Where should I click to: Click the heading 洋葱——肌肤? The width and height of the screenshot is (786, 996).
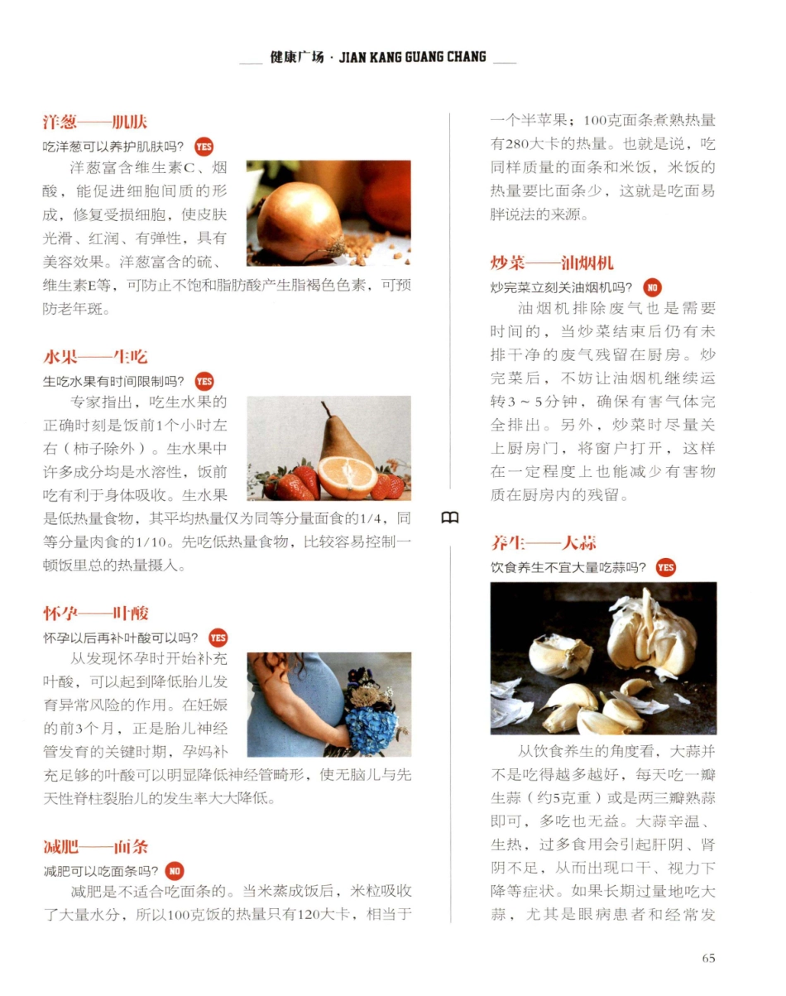95,123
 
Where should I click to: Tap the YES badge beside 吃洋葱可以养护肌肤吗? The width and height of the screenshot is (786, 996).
204,147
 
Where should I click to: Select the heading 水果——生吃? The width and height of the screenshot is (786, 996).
95,357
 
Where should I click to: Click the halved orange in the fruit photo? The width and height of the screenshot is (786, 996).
347,478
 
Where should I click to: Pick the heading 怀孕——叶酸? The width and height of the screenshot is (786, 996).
96,613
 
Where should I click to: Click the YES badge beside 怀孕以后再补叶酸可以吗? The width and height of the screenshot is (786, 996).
218,638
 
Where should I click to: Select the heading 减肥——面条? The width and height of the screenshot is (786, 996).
96,847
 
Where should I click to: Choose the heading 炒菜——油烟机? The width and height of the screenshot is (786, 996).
552,263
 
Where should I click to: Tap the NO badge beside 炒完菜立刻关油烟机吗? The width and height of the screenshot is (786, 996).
652,288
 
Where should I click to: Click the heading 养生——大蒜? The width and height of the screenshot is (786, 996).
544,543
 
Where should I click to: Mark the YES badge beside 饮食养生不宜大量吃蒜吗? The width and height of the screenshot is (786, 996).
665,568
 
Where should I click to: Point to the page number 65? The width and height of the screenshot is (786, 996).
708,958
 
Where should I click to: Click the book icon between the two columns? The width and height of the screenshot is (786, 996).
449,518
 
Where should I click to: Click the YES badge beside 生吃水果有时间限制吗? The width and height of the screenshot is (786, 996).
204,382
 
